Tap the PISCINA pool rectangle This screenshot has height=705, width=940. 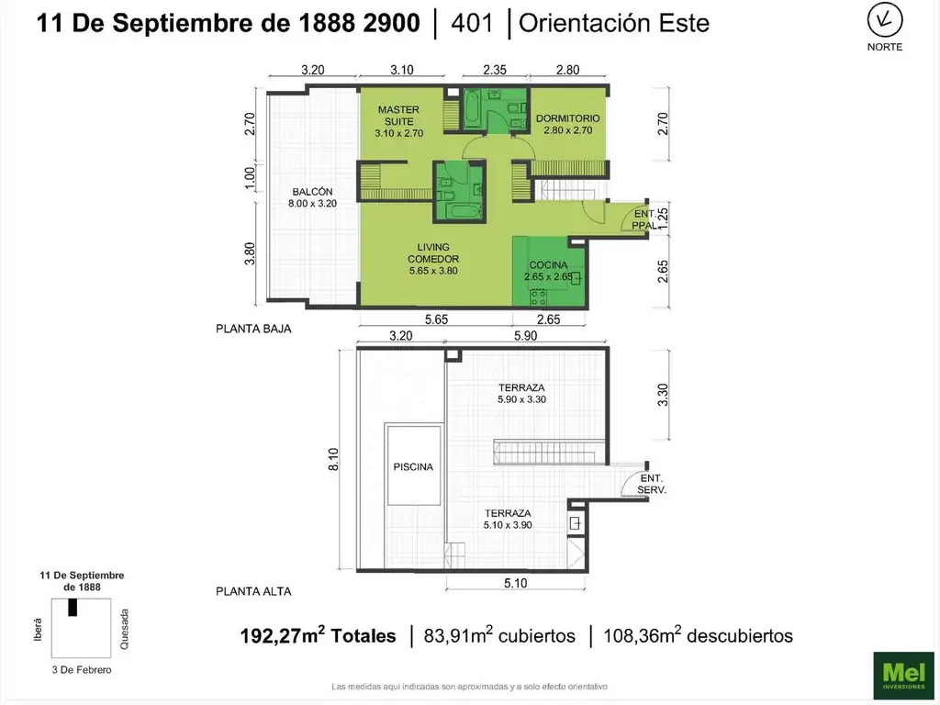412,465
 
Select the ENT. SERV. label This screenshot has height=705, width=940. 652,484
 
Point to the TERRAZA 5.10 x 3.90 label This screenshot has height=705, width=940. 508,519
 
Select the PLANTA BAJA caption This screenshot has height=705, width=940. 253,328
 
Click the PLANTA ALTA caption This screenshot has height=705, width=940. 253,591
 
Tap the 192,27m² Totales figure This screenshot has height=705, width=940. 319,635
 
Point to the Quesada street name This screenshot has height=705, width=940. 126,629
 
